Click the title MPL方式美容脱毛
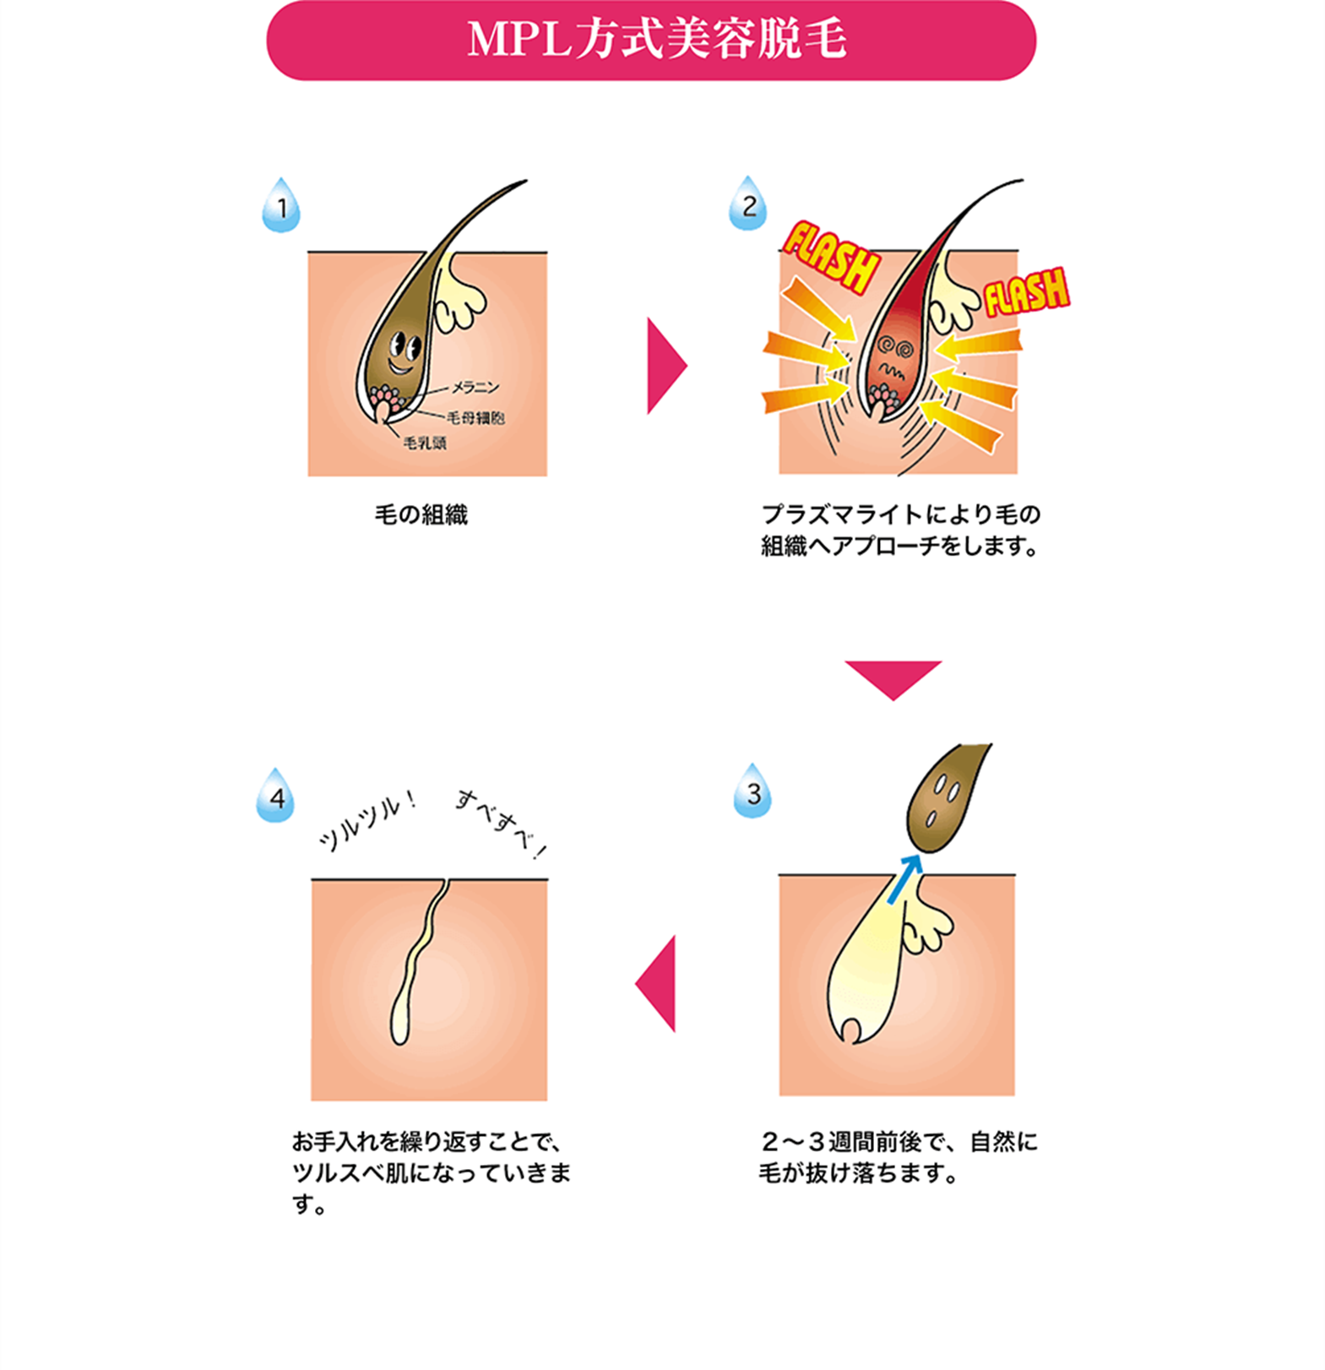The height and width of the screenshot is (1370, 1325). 656,40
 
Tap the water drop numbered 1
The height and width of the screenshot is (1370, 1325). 281,205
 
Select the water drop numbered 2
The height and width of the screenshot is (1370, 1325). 748,204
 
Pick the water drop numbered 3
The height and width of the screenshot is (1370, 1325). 752,791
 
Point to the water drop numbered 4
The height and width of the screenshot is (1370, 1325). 275,796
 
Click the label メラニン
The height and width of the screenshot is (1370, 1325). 475,388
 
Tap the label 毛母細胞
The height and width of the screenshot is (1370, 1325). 475,417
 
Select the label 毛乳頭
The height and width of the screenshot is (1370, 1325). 425,443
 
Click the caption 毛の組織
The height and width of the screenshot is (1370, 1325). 421,514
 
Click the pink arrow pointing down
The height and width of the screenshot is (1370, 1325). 893,679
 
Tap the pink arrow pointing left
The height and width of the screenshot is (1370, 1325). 658,983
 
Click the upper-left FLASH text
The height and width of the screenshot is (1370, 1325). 829,255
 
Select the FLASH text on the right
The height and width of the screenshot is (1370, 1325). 1026,292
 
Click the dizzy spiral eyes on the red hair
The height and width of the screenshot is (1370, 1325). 893,345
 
